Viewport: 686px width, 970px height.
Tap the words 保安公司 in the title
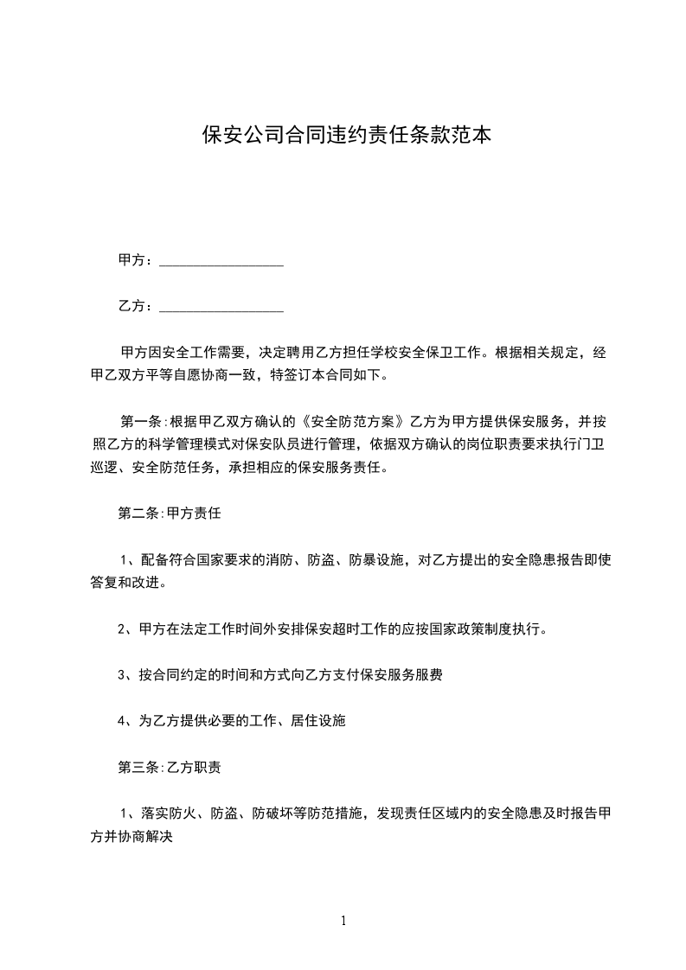(233, 135)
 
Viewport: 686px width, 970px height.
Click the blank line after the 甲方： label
(221, 259)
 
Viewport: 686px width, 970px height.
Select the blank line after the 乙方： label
(221, 306)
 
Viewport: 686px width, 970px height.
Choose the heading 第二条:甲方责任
(170, 513)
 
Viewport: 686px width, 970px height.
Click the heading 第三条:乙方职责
(170, 767)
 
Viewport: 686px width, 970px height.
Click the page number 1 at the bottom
(343, 922)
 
